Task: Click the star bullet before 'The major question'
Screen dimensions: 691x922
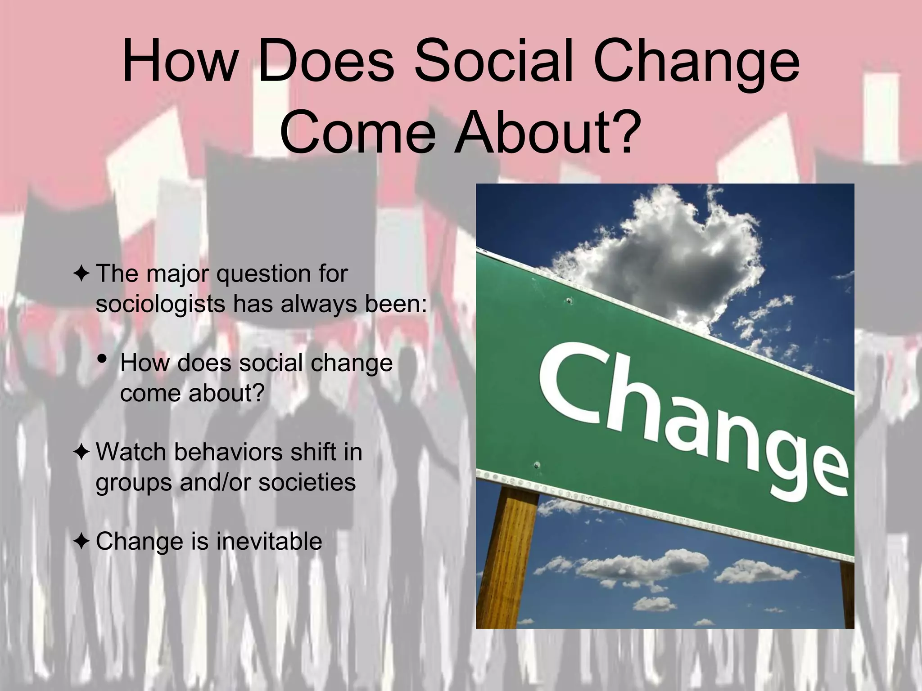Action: point(81,274)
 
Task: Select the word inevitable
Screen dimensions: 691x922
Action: point(269,541)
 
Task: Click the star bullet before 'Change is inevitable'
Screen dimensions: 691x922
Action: point(81,541)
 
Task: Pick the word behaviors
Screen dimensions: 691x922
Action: point(228,452)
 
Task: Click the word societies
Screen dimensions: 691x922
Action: point(307,482)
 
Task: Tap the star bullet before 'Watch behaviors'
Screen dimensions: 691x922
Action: point(81,452)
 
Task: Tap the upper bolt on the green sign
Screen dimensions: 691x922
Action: point(569,301)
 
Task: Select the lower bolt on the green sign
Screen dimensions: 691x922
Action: point(536,465)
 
